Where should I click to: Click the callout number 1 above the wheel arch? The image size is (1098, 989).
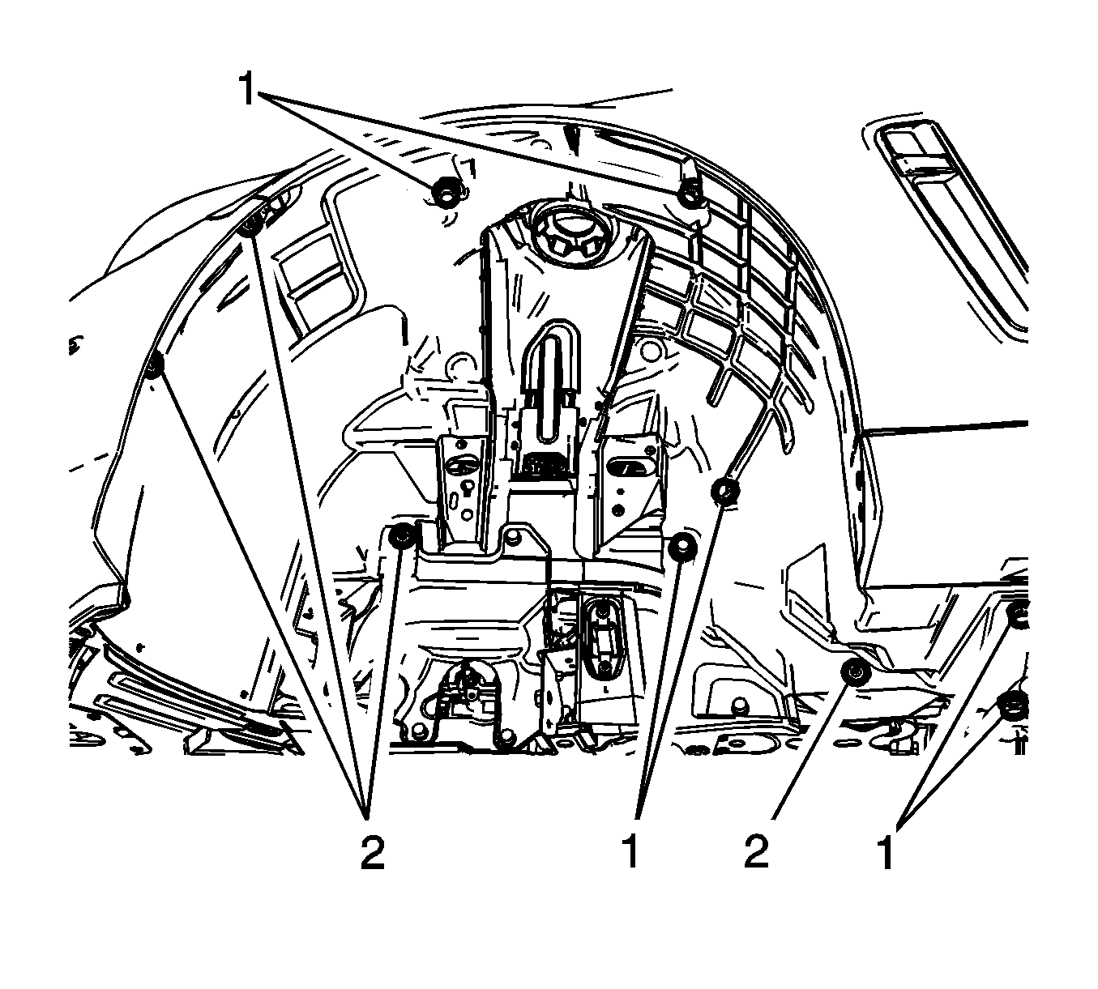tap(247, 90)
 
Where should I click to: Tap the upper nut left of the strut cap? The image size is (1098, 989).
tap(444, 192)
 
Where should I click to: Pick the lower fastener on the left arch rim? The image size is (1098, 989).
tap(156, 364)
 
